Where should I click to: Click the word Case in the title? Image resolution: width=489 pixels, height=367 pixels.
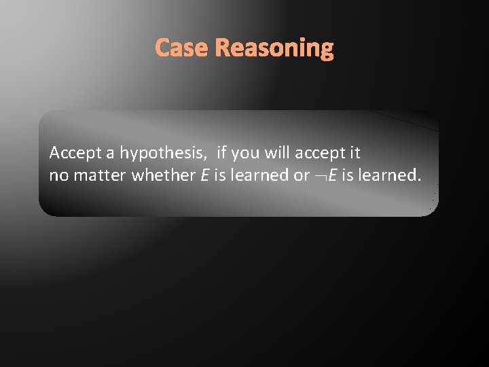181,48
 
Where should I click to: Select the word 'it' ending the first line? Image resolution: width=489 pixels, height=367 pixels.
354,153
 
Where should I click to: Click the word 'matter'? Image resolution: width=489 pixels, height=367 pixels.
100,175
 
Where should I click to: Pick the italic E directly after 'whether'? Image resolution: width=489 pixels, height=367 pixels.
204,175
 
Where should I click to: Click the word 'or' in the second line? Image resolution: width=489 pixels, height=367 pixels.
302,176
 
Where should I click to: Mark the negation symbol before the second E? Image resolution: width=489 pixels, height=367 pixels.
321,176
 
